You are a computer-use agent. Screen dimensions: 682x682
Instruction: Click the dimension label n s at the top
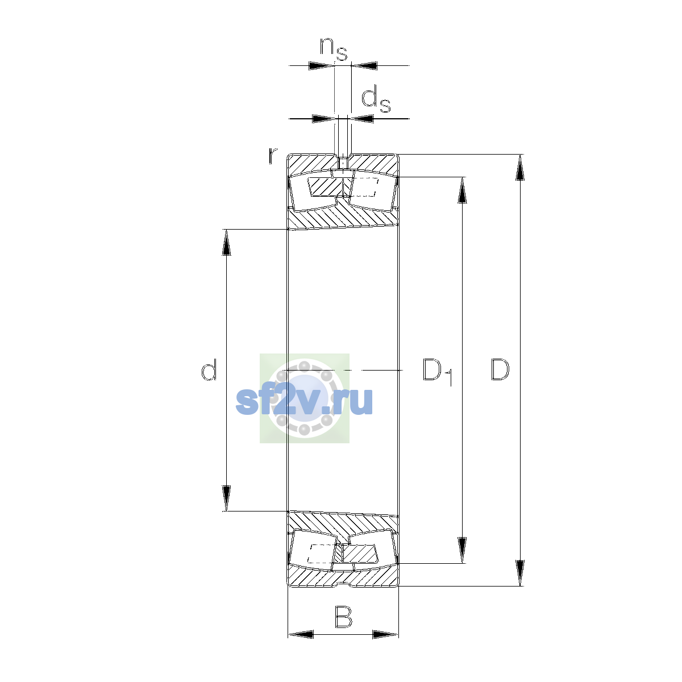(334, 49)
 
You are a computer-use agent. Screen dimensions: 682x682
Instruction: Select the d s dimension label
(376, 101)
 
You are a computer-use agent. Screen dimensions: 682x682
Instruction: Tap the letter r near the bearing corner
(273, 156)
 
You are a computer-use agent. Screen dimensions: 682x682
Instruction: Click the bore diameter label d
(209, 369)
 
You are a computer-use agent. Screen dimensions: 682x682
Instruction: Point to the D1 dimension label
(438, 372)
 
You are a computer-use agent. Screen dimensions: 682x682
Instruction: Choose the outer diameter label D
(500, 369)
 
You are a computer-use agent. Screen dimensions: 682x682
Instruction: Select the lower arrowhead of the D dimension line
(519, 573)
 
